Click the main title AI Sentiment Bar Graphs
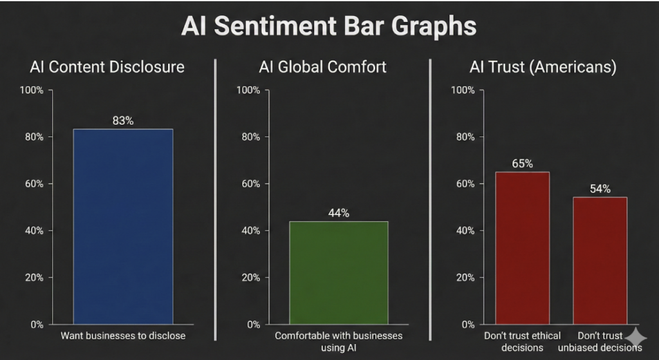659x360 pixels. coord(329,27)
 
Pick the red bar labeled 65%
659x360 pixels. coord(522,247)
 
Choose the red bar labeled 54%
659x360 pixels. coord(600,260)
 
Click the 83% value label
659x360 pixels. coord(123,120)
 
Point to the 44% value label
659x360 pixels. coord(339,213)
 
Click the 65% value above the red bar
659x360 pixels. coord(522,164)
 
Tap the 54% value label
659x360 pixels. coord(600,189)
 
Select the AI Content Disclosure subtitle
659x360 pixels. coord(107,67)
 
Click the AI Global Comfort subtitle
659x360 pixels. coord(322,67)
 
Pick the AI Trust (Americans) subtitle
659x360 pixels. coord(539,67)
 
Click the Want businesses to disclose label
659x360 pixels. coord(123,336)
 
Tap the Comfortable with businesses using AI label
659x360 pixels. coord(339,341)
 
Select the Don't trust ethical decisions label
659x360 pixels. coord(522,341)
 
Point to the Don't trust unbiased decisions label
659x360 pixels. coord(600,341)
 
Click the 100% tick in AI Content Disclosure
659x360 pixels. coord(33,90)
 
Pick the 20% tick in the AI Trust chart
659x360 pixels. coord(464,278)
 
